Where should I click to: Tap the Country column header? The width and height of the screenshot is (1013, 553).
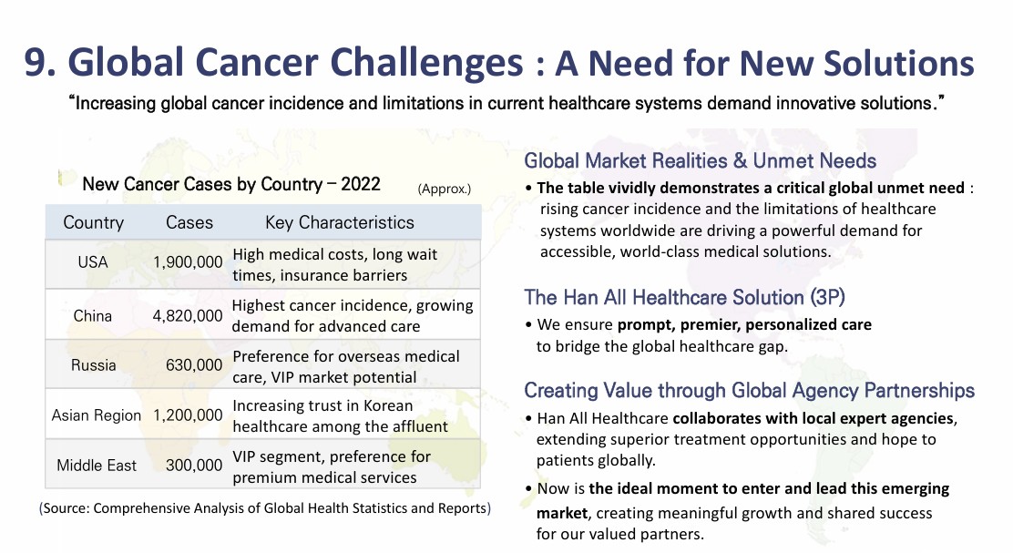93,222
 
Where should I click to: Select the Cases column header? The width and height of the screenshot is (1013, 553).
189,222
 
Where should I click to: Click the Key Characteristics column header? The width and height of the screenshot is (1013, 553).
339,222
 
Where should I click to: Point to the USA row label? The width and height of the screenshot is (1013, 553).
92,262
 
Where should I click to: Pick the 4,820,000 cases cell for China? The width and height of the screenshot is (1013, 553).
188,316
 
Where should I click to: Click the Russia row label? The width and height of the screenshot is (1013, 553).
93,365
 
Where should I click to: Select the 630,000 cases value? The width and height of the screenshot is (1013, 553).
194,365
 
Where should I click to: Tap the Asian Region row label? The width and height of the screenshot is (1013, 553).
97,415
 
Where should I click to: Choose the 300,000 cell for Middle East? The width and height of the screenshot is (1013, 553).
194,466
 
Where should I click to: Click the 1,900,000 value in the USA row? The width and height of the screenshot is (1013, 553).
188,262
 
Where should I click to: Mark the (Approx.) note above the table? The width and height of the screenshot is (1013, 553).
445,189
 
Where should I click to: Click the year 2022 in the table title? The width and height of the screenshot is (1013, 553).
361,184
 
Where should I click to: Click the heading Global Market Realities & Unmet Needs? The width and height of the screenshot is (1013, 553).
701,161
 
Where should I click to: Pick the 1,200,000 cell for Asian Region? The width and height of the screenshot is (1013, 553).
188,415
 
